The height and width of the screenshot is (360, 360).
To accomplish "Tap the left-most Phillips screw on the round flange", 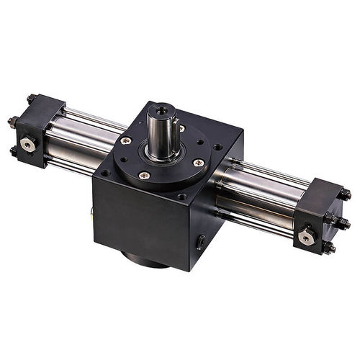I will (127, 140).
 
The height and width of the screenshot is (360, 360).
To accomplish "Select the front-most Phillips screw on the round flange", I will (145, 174).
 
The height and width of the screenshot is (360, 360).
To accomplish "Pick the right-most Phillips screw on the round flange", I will (198, 163).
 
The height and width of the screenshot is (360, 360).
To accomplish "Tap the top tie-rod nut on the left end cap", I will (31, 99).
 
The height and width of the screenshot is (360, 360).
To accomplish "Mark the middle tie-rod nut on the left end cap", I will (12, 122).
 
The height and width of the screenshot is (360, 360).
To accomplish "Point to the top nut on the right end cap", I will (346, 194).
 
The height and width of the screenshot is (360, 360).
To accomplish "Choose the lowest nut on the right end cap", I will (329, 248).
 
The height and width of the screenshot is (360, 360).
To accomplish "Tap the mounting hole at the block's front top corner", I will (181, 196).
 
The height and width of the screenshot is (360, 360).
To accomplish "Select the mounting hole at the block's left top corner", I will (105, 173).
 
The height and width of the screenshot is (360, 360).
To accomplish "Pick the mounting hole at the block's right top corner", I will (217, 147).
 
